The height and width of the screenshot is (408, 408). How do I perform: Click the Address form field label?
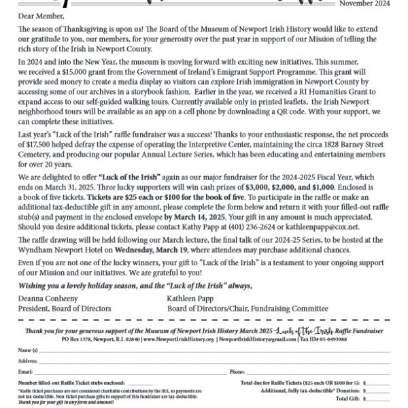click(x=28, y=360)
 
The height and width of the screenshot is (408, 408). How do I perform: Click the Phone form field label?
click(x=238, y=373)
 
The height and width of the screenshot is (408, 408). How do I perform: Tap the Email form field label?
click(x=25, y=373)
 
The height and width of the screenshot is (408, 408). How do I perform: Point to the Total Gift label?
click(x=346, y=398)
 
